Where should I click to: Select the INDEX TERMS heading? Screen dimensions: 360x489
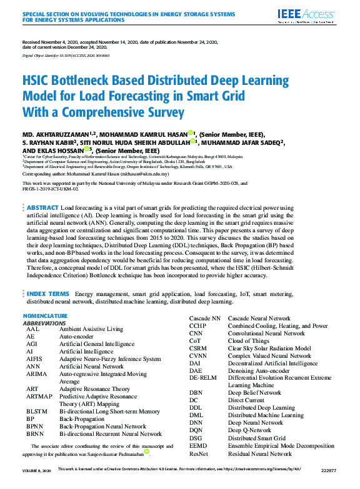pos(48,293)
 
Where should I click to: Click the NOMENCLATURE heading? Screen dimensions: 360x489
pos(49,316)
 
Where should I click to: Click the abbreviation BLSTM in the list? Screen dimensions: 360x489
pos(36,412)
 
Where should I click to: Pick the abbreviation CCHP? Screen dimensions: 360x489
pos(198,326)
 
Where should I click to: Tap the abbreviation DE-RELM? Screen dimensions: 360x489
pos(203,378)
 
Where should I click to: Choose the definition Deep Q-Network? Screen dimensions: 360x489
pos(250,430)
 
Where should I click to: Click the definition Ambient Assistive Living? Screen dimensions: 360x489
pos(91,328)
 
